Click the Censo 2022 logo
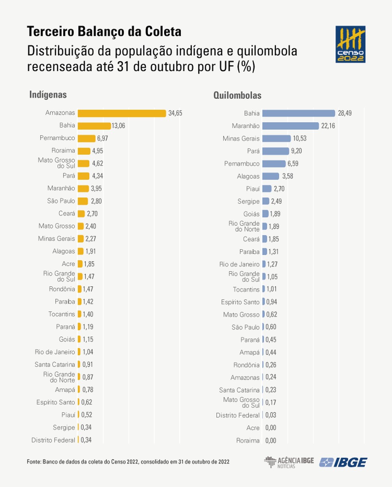[x=350, y=44]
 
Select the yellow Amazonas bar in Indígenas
[x=122, y=113]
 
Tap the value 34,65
[x=175, y=113]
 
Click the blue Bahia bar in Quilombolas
[x=298, y=113]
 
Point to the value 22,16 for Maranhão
[x=328, y=126]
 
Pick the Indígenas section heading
[x=48, y=95]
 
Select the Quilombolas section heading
[x=237, y=95]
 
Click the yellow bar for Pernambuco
[x=86, y=138]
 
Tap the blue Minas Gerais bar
[x=276, y=139]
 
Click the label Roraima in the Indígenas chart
[x=63, y=151]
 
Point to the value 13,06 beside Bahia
[x=118, y=126]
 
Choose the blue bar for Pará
[x=275, y=151]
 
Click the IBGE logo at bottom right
[x=343, y=462]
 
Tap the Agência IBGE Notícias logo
[x=289, y=462]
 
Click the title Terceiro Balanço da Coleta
[x=104, y=31]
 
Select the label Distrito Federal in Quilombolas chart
[x=237, y=415]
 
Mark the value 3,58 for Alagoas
[x=287, y=176]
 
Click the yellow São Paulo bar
[x=82, y=201]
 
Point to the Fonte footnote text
[x=128, y=462]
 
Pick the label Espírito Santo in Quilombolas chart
[x=240, y=302]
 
